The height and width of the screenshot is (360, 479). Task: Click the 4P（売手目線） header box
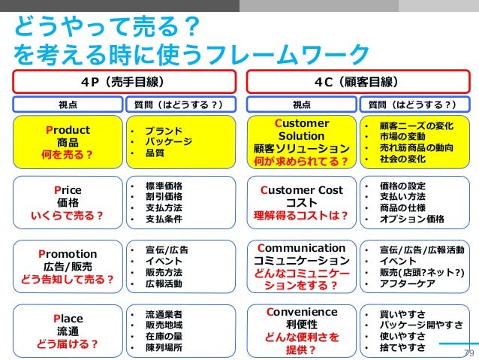(x=124, y=80)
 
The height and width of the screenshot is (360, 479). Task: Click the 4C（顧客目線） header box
(x=356, y=80)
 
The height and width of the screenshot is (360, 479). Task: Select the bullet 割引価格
(x=162, y=197)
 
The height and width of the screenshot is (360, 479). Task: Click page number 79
(x=468, y=353)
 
